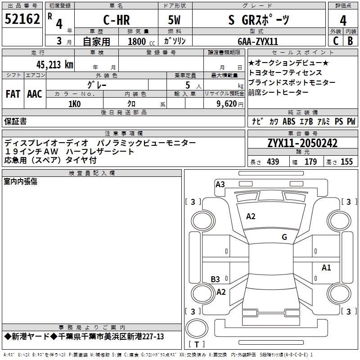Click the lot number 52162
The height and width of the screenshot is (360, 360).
click(22, 20)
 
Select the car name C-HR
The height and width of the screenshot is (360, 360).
click(117, 20)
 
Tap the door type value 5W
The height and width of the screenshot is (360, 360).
click(175, 20)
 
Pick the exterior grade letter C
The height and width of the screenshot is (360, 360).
click(335, 41)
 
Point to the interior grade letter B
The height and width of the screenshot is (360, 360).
click(350, 41)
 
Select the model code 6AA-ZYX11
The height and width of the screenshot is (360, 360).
click(258, 41)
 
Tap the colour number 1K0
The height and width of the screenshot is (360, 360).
click(75, 104)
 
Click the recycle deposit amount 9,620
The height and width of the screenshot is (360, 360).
click(227, 104)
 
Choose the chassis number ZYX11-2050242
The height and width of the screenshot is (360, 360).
click(302, 143)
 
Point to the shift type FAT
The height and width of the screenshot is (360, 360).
click(13, 94)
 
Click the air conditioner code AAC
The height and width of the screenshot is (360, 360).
click(35, 94)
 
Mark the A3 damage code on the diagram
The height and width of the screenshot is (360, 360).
click(220, 184)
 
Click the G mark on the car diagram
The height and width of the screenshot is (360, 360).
click(284, 237)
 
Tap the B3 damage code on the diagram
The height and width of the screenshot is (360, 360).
click(216, 279)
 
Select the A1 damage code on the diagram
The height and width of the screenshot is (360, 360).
click(326, 268)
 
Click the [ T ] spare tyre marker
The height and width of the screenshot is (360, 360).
click(196, 345)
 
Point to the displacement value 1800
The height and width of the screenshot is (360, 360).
click(137, 41)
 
